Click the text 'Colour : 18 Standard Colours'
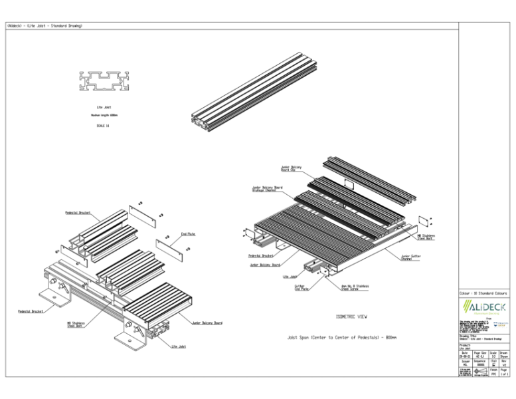483,293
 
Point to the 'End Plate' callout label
188,234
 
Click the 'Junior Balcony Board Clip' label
291,168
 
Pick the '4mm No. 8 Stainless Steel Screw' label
355,288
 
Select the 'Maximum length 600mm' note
104,115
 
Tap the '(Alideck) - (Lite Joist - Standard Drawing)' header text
44,26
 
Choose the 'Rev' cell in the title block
503,363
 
